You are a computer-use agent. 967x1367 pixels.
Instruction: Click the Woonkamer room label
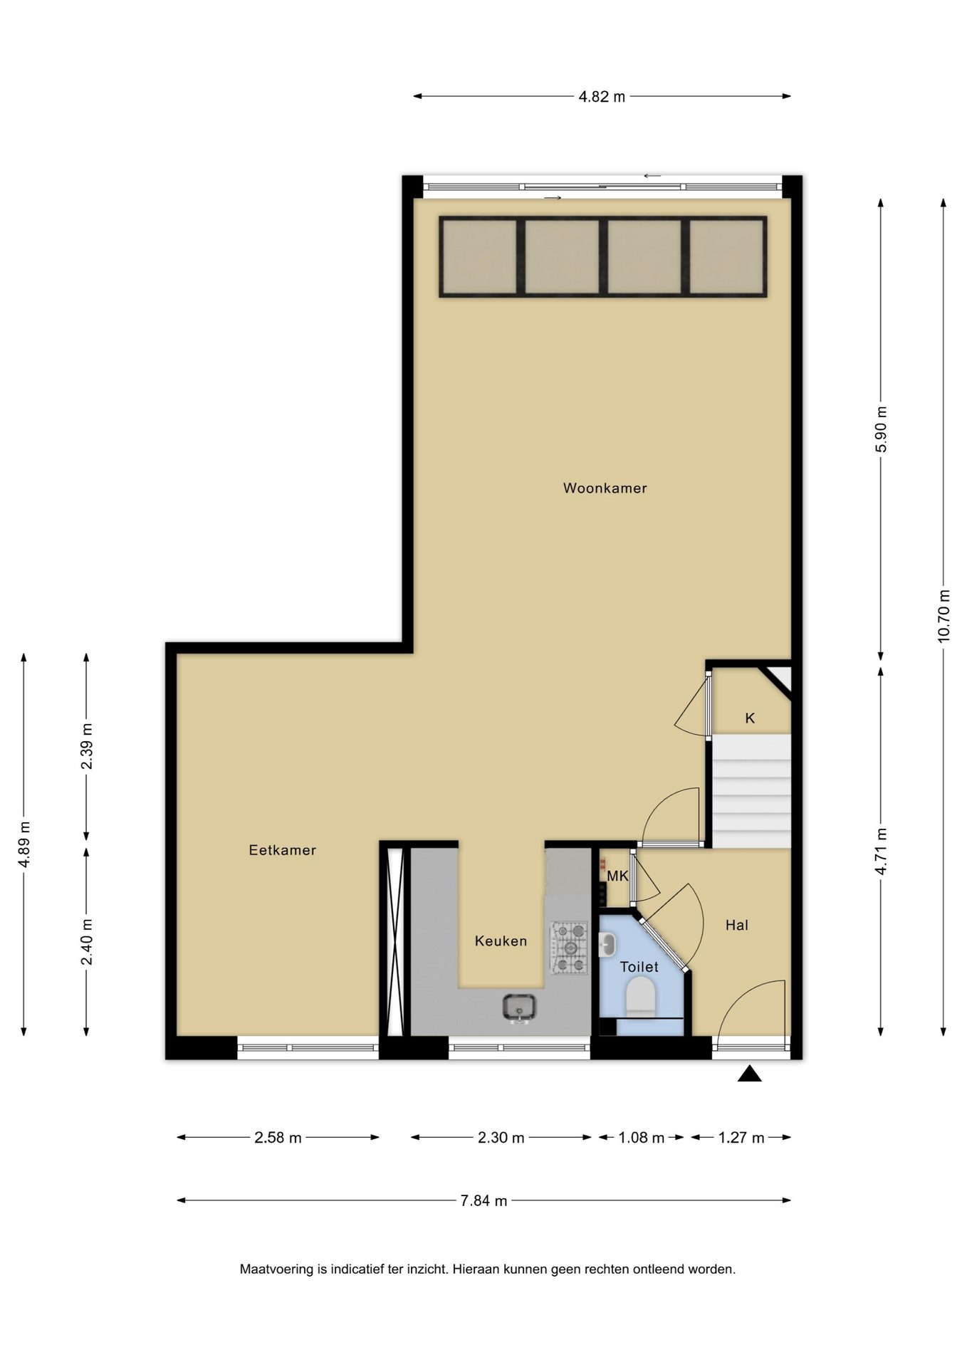(605, 488)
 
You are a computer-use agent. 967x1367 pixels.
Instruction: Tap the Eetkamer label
(282, 849)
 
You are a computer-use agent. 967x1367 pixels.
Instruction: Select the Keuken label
(501, 941)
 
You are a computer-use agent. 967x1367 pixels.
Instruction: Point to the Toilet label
(639, 966)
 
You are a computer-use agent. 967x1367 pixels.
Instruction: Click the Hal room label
(736, 925)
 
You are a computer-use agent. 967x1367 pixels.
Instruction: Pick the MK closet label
(617, 876)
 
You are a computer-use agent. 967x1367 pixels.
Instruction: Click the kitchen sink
(519, 1007)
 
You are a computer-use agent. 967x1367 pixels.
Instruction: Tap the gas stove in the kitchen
(569, 948)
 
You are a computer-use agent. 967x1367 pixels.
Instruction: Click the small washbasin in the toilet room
(607, 945)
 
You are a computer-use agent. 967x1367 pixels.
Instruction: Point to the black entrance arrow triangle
(749, 1073)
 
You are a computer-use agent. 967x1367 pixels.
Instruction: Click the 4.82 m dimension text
(602, 97)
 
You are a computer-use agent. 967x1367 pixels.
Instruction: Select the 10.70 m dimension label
(944, 616)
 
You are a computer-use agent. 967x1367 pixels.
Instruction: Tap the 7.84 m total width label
(483, 1200)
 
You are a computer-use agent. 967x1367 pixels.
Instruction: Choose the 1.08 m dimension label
(641, 1138)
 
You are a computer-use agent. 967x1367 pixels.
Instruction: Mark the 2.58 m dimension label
(278, 1138)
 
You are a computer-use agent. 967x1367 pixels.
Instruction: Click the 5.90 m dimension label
(882, 429)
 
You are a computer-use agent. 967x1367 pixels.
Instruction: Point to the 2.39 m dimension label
(87, 746)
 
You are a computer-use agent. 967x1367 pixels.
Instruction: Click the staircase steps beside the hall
(752, 791)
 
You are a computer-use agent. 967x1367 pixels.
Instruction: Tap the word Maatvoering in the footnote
(277, 1269)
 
